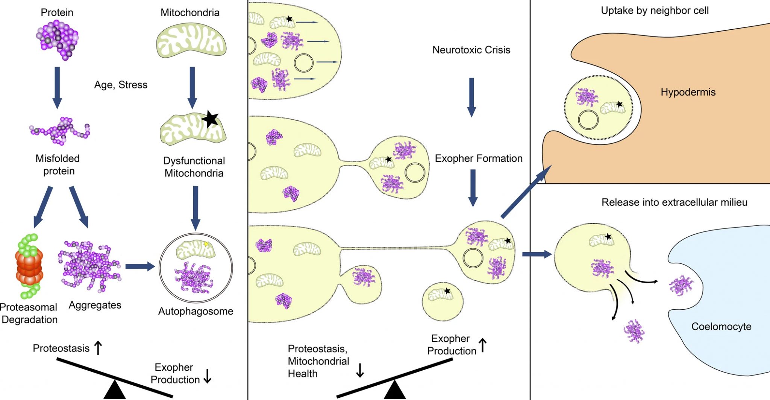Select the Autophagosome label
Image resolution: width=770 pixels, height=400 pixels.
point(196,311)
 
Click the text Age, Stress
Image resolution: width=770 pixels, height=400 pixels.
point(121,85)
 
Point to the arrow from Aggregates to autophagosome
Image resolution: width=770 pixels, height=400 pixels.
point(139,266)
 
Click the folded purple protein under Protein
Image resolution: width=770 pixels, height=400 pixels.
point(58,40)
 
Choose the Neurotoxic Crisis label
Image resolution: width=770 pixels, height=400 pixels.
point(471,50)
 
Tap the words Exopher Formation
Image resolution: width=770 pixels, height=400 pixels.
point(478,158)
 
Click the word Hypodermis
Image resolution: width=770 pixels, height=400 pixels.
point(688,92)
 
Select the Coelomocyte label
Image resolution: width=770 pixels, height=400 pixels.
point(721,326)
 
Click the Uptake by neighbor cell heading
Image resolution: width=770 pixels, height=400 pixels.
point(655,11)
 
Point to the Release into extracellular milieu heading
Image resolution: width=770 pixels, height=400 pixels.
point(674,202)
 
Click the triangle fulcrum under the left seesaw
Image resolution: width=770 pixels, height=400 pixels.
point(114,391)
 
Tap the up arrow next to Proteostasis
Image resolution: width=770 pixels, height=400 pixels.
point(98,348)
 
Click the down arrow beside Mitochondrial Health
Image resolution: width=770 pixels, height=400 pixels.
point(360,370)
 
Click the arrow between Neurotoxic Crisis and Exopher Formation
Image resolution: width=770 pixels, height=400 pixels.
point(471,97)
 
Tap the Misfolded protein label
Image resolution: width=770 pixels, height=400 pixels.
point(58,164)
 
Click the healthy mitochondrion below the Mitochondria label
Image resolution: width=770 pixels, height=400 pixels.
point(191,41)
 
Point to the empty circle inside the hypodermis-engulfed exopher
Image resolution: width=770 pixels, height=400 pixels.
point(588,120)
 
